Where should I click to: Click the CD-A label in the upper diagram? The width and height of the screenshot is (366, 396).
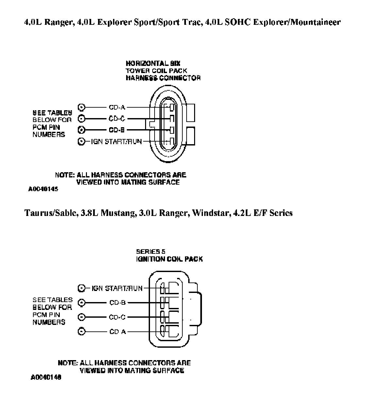[x=117, y=107]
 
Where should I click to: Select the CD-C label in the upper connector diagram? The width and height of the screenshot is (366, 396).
[x=117, y=119]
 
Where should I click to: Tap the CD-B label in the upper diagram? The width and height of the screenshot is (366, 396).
[x=117, y=130]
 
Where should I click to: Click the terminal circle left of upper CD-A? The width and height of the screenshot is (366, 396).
[x=82, y=107]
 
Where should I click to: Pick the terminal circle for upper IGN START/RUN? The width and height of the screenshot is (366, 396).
[x=82, y=142]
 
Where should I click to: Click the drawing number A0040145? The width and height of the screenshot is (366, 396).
[x=43, y=189]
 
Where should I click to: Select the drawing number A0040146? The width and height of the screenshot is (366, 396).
[x=46, y=377]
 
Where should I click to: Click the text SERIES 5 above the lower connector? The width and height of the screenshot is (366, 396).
[x=151, y=251]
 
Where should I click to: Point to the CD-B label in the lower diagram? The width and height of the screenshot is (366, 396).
[x=118, y=303]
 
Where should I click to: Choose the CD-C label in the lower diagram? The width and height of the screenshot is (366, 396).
[x=118, y=317]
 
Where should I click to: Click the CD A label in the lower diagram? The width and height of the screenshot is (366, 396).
[x=118, y=332]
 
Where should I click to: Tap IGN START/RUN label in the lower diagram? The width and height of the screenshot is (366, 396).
[x=117, y=288]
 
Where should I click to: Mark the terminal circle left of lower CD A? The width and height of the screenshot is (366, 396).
[x=82, y=332]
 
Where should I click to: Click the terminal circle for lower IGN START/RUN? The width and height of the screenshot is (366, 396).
[x=82, y=288]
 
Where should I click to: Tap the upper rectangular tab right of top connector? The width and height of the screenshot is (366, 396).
[x=190, y=112]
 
